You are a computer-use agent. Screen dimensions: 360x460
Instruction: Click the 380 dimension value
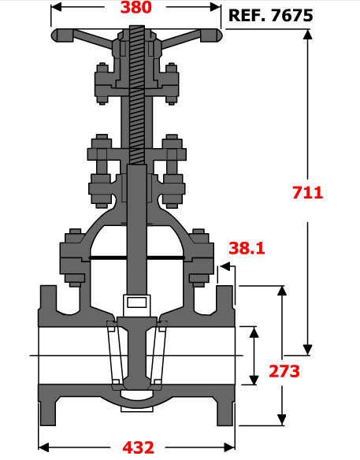coord(135,7)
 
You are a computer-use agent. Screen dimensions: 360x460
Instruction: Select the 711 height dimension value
coord(307,193)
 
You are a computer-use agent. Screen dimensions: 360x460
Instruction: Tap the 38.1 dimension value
coord(247,248)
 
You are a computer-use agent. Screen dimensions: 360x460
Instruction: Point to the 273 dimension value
coord(284,371)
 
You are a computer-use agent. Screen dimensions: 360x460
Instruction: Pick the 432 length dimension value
coord(138,447)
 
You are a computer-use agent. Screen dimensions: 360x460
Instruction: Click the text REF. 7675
coord(270,16)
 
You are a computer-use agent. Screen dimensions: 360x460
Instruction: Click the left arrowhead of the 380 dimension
coord(56,7)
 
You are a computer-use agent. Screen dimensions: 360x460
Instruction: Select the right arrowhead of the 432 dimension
coord(229,447)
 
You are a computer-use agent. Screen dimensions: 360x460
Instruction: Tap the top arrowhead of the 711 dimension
coord(307,34)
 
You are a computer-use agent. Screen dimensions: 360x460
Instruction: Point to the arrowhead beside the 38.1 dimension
coord(225,266)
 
